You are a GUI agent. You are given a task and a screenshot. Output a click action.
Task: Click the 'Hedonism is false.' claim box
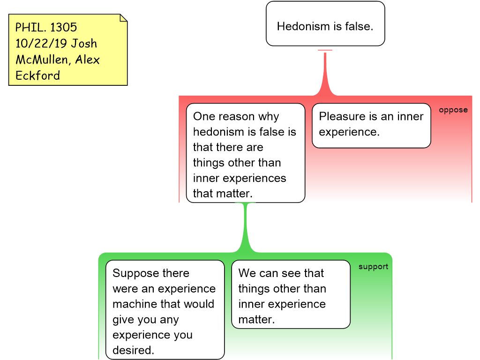[x=325, y=23]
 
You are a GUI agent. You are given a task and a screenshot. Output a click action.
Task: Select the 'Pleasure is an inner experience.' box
[x=371, y=126]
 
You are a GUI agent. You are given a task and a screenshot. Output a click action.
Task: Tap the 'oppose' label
[x=453, y=110]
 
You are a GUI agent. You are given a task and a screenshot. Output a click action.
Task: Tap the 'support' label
[x=373, y=267]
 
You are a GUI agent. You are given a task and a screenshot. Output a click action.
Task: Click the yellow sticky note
[x=67, y=50]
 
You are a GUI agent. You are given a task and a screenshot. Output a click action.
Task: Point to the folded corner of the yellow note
[x=123, y=18]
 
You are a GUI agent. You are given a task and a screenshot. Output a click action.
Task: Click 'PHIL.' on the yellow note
[x=30, y=28]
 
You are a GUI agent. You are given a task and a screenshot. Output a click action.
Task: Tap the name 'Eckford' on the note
[x=37, y=75]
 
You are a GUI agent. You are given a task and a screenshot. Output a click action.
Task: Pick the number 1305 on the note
[x=63, y=28]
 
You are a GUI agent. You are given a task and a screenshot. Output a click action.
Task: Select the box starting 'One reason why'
[x=246, y=153]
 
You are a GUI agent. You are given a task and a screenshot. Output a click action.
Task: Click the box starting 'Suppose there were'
[x=165, y=310]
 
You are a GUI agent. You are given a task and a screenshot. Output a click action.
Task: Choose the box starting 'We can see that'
[x=291, y=294]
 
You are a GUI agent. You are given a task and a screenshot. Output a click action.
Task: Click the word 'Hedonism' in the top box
[x=304, y=26]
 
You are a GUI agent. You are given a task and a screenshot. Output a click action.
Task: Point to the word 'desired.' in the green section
[x=133, y=350]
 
